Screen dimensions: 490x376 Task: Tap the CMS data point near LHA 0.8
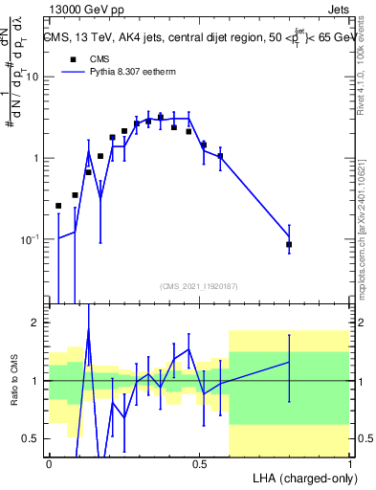pos(289,245)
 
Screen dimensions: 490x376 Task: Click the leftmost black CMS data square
pos(58,206)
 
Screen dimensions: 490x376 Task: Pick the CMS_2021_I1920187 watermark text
pos(198,286)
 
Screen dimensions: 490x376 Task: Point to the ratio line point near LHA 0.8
pos(289,363)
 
